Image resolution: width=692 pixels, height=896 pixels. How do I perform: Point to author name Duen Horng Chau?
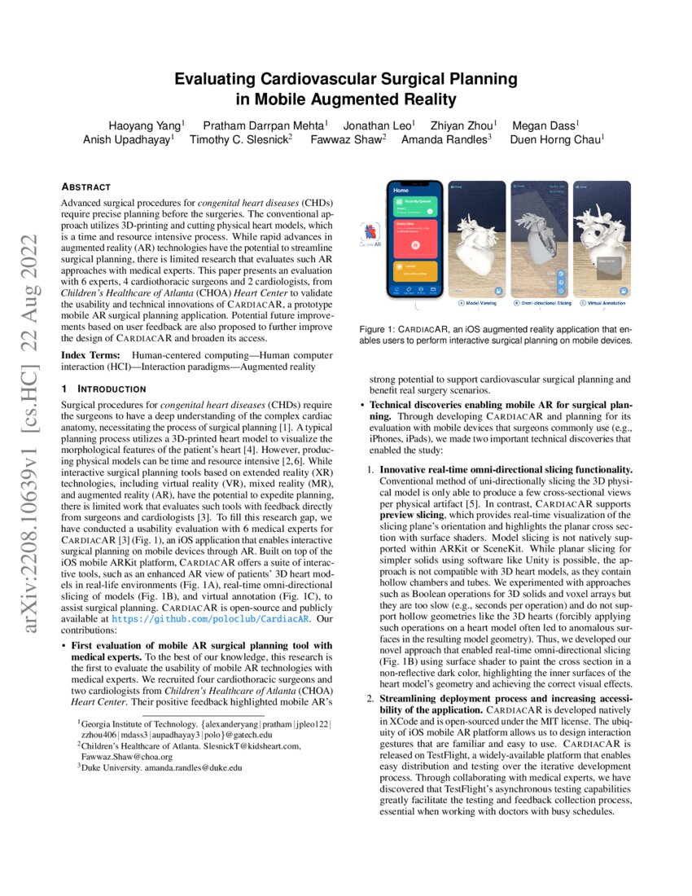click(557, 139)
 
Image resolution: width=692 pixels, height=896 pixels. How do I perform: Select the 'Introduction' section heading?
click(99, 389)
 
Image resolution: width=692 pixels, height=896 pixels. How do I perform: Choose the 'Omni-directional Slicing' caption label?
click(542, 303)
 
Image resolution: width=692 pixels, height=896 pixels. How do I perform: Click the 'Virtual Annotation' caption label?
click(606, 303)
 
